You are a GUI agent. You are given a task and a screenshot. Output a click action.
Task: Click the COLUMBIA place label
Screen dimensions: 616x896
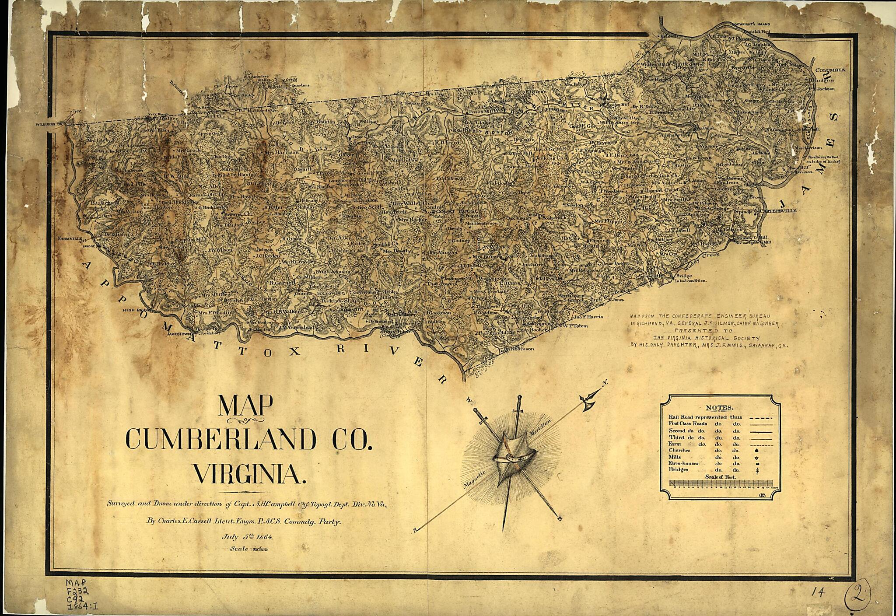[x=830, y=70]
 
